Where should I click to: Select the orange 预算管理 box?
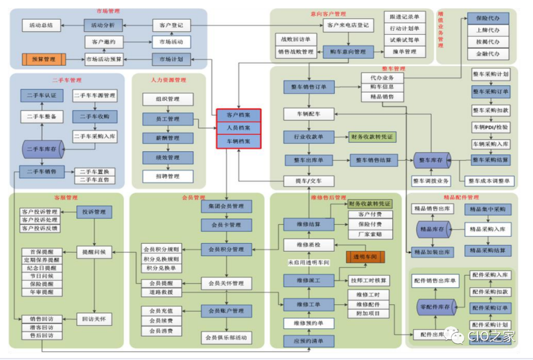44,59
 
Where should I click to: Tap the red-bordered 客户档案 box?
238,115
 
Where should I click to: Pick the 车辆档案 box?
238,141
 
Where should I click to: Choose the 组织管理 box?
168,99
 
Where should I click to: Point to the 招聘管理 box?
168,176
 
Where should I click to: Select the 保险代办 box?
488,18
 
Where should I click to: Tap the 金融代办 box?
488,54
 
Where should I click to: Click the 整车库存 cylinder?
432,160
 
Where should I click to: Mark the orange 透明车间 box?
365,257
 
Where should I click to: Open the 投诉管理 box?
94,212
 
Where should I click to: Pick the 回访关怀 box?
94,319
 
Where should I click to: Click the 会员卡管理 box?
227,225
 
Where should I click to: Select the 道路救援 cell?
161,292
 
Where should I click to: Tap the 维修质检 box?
309,244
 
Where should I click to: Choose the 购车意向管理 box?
346,52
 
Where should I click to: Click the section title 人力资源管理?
168,80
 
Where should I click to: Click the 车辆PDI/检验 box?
491,127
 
